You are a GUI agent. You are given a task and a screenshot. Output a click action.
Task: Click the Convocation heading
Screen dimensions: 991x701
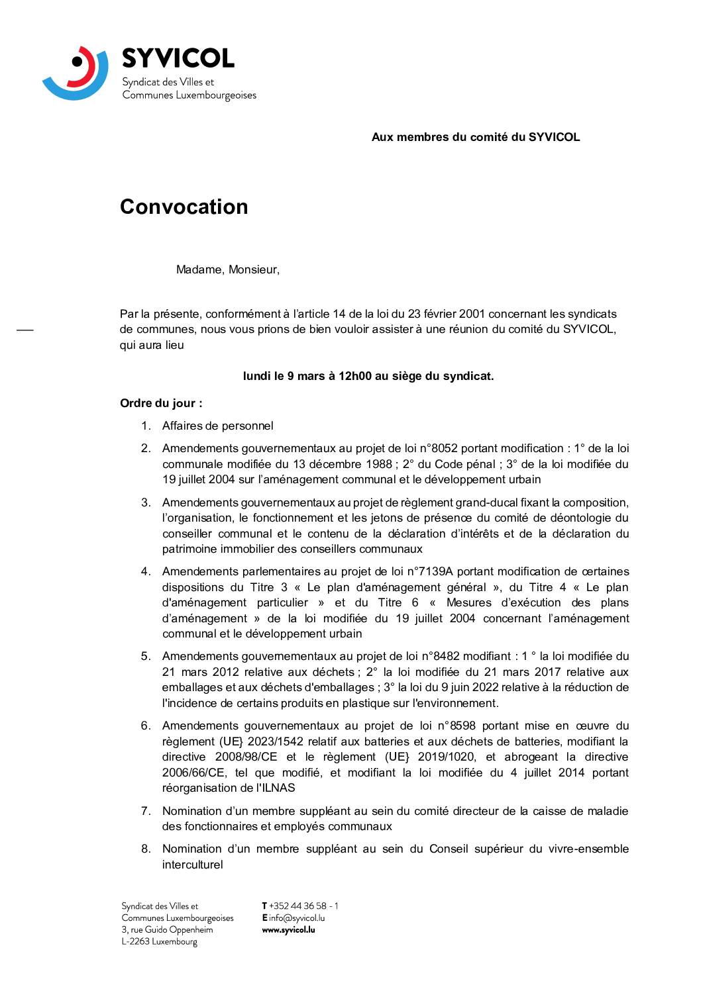tap(184, 207)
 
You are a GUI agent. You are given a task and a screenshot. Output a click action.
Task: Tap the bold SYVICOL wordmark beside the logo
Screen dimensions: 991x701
tap(178, 59)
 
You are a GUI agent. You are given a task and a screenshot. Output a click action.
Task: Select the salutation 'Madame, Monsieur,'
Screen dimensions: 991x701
tap(227, 269)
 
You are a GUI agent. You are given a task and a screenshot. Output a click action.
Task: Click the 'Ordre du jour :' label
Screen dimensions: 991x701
tap(161, 403)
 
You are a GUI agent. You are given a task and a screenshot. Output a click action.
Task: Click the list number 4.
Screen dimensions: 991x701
tap(145, 571)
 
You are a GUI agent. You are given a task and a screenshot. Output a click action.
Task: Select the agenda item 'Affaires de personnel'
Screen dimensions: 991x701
tap(217, 426)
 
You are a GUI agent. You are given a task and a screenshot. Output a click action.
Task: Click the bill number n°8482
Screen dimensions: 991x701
tap(441, 656)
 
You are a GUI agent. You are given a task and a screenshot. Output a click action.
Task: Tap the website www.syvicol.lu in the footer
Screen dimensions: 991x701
tap(288, 929)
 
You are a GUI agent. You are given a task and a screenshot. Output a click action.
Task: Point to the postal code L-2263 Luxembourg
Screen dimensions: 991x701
tap(159, 941)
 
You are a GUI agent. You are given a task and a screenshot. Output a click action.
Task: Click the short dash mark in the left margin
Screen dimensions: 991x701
tap(25, 329)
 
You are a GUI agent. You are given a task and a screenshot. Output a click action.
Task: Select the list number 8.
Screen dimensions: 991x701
tap(145, 849)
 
